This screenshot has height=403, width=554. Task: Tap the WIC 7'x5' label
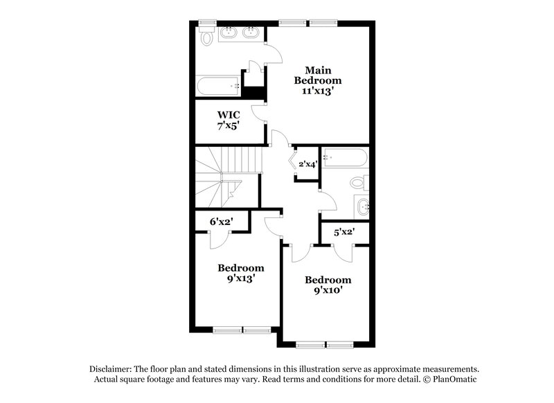coord(229,120)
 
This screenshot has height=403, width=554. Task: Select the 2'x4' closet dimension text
coord(307,164)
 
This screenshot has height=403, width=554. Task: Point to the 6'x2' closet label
coord(221,222)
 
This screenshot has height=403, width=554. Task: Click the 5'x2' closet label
coord(343,233)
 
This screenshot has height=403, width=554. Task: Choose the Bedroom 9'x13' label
coord(240,274)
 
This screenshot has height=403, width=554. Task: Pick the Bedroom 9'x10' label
coord(328,285)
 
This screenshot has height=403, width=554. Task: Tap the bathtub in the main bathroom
coord(217,87)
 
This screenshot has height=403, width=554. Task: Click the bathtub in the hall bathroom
coord(344,157)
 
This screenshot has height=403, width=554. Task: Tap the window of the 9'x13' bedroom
coord(241,329)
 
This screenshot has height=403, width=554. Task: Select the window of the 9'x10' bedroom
coord(325,344)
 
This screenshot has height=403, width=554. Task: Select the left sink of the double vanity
coord(229,32)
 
